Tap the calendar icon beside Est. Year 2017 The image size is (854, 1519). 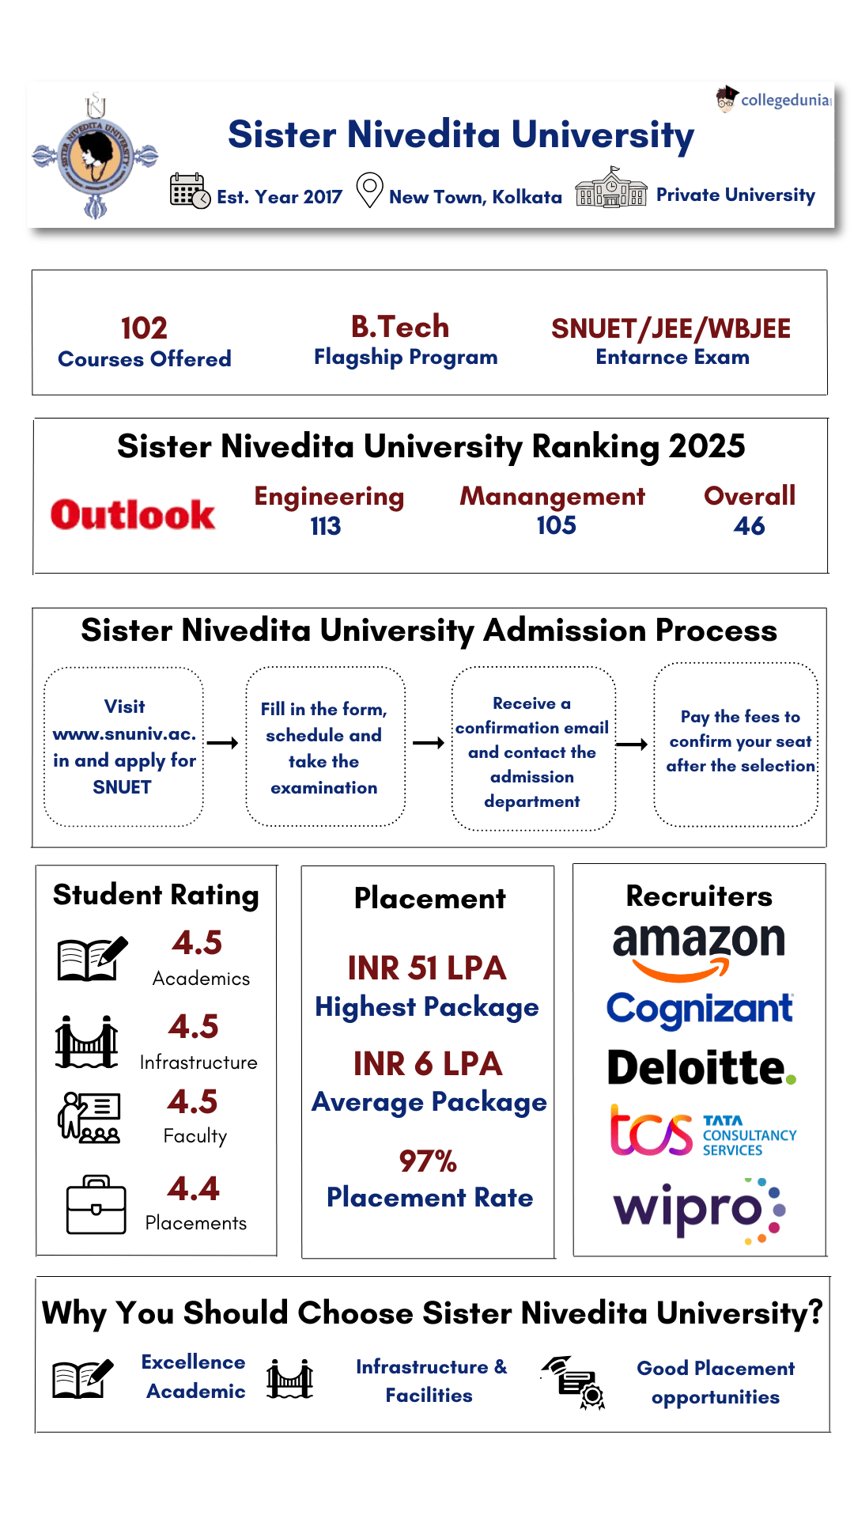(190, 191)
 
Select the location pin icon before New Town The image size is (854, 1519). (369, 190)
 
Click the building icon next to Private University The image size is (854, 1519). (610, 188)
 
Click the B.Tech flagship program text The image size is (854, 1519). (400, 327)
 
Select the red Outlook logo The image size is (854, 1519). (133, 515)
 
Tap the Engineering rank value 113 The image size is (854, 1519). (325, 526)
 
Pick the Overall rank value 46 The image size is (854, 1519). (749, 526)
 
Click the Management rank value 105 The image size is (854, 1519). (556, 525)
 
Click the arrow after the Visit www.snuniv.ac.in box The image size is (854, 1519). (222, 743)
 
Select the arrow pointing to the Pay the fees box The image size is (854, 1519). (632, 744)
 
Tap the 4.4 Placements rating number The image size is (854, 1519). (194, 1188)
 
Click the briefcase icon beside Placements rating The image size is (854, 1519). (96, 1206)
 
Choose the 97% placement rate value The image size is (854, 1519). (428, 1161)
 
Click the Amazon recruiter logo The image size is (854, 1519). (699, 949)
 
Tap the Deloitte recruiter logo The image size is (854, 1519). (701, 1068)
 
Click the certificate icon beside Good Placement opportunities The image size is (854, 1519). (576, 1383)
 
